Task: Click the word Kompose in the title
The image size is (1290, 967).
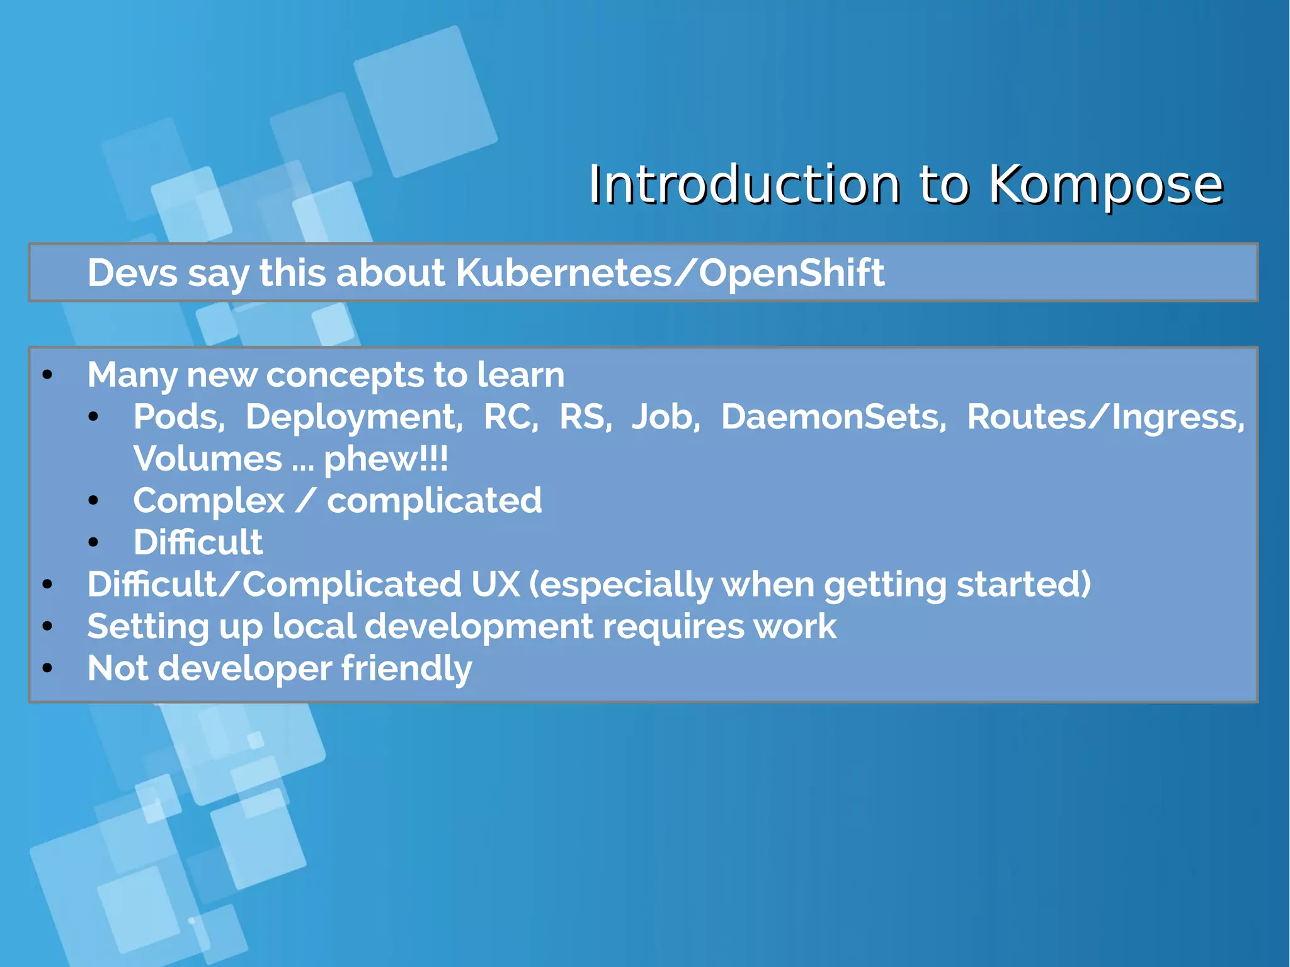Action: (1105, 185)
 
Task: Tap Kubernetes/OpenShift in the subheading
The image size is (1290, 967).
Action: (669, 273)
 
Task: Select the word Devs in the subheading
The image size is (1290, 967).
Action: (132, 273)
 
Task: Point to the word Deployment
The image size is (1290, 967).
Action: (353, 417)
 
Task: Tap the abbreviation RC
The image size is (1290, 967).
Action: (510, 417)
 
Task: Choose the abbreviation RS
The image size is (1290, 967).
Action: (585, 417)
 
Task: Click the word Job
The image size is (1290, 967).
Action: (665, 417)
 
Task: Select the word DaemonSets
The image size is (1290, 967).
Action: (833, 417)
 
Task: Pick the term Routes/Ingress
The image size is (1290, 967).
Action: (1105, 417)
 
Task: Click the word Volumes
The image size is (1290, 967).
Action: (208, 459)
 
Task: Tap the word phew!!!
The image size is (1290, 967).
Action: (385, 459)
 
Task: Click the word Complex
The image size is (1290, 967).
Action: (209, 501)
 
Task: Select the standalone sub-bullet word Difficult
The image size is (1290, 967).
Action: (198, 542)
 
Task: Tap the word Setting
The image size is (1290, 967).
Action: (147, 627)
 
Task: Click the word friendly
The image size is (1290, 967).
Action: (406, 668)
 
